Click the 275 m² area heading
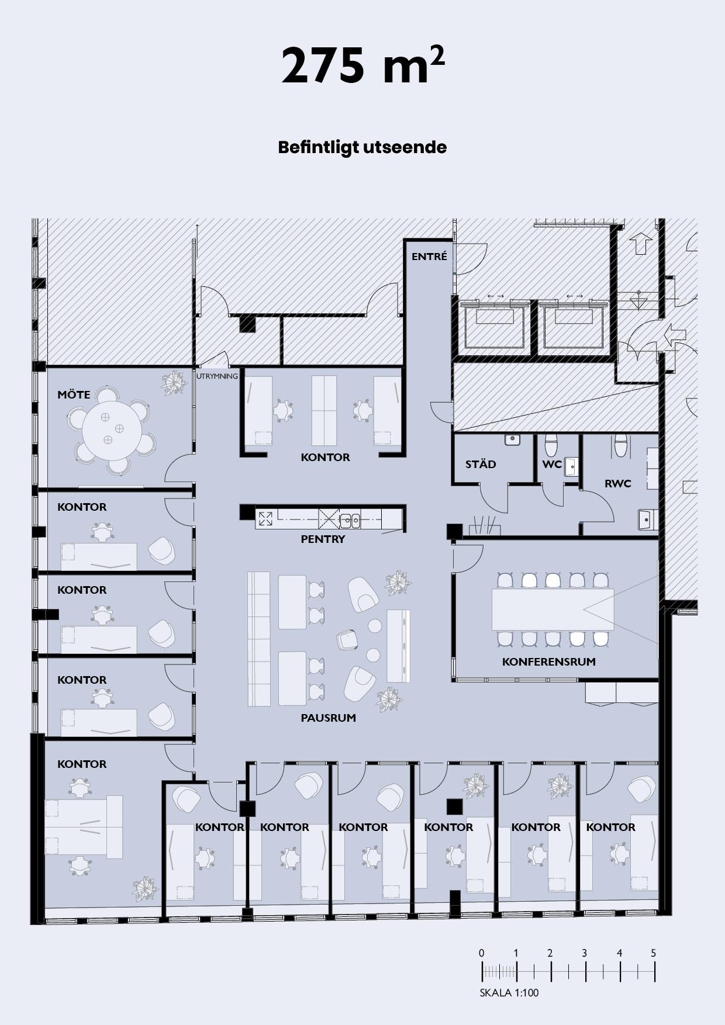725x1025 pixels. [x=362, y=65]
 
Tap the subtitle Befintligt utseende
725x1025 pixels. [x=362, y=147]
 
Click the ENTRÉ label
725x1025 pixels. [x=429, y=257]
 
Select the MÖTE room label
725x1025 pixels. [x=74, y=394]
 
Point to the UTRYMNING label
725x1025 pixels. [x=217, y=376]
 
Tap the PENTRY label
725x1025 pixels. [x=323, y=539]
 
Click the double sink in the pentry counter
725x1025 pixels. [x=350, y=518]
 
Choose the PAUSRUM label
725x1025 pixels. [x=328, y=718]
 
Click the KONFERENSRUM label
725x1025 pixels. [x=549, y=662]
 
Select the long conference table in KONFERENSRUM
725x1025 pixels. [x=553, y=610]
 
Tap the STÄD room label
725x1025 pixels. [x=481, y=465]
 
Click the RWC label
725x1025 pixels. [x=618, y=483]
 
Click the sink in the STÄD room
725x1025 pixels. [x=513, y=439]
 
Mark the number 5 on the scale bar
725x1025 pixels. [x=653, y=953]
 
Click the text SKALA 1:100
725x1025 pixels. [x=509, y=992]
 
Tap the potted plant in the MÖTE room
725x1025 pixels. [x=174, y=383]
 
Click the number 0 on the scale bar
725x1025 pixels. [x=481, y=953]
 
